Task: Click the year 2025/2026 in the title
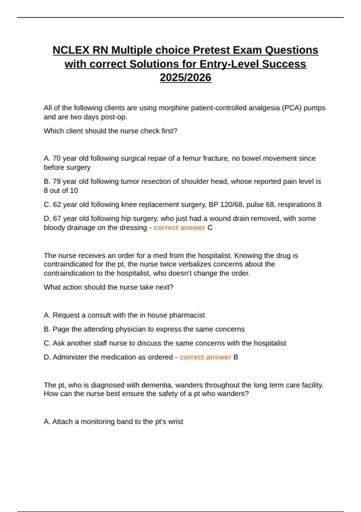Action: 185,78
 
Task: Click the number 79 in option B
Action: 57,182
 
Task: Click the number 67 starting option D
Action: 57,219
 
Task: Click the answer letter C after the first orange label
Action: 210,228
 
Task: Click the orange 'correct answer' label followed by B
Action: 205,357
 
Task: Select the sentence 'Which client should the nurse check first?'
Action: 110,131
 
